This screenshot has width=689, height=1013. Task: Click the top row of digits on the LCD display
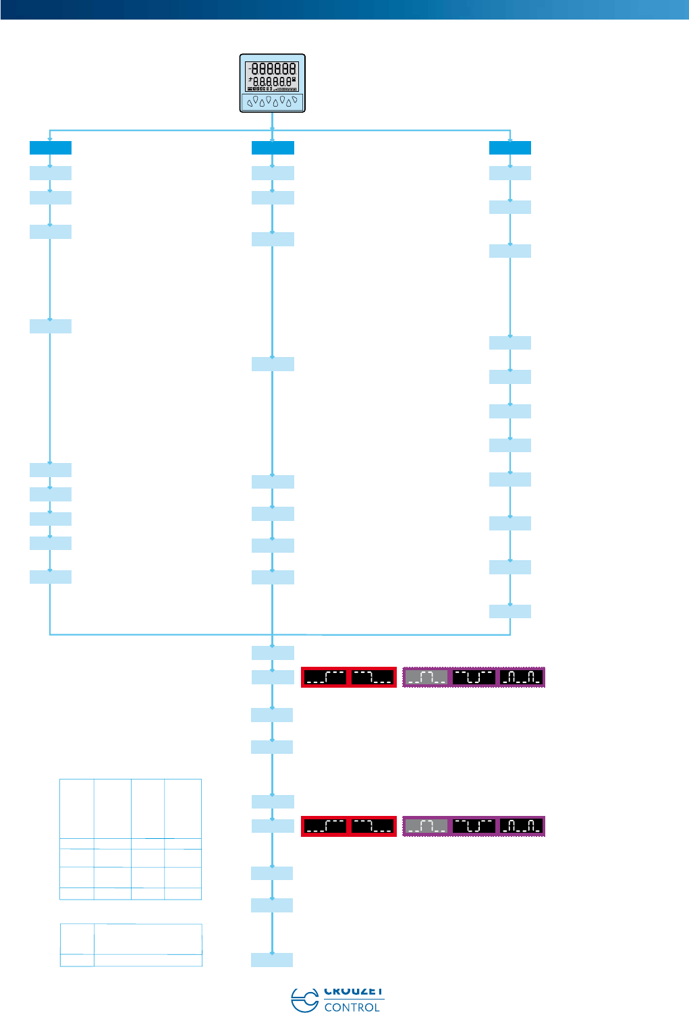click(x=274, y=68)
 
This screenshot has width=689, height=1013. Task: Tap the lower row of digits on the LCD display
click(x=274, y=82)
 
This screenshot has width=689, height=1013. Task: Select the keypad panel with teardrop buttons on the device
click(x=273, y=102)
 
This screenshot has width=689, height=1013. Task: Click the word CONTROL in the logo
click(x=352, y=1007)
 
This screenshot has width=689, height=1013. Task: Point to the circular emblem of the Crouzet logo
click(x=304, y=1000)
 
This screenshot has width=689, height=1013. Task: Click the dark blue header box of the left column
click(x=51, y=148)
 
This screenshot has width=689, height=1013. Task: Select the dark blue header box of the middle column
click(x=273, y=148)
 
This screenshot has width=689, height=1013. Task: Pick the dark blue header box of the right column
click(x=510, y=148)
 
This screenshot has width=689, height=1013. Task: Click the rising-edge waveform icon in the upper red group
click(x=325, y=677)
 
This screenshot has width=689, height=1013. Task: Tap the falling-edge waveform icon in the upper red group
click(x=373, y=677)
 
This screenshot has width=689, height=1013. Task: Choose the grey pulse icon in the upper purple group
click(x=426, y=677)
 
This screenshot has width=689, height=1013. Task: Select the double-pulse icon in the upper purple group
click(x=522, y=677)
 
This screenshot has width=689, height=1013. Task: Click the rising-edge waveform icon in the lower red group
click(x=325, y=826)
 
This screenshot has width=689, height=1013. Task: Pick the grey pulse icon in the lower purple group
click(x=426, y=826)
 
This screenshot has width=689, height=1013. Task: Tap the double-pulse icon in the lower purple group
click(x=522, y=826)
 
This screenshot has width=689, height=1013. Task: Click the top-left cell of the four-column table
click(x=77, y=809)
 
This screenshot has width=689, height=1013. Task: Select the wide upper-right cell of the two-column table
click(x=148, y=939)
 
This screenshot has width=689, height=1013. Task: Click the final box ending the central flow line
click(x=272, y=960)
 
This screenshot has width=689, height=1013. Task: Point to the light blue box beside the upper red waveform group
click(x=272, y=677)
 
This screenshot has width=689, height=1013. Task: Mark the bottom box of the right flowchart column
click(x=510, y=611)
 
